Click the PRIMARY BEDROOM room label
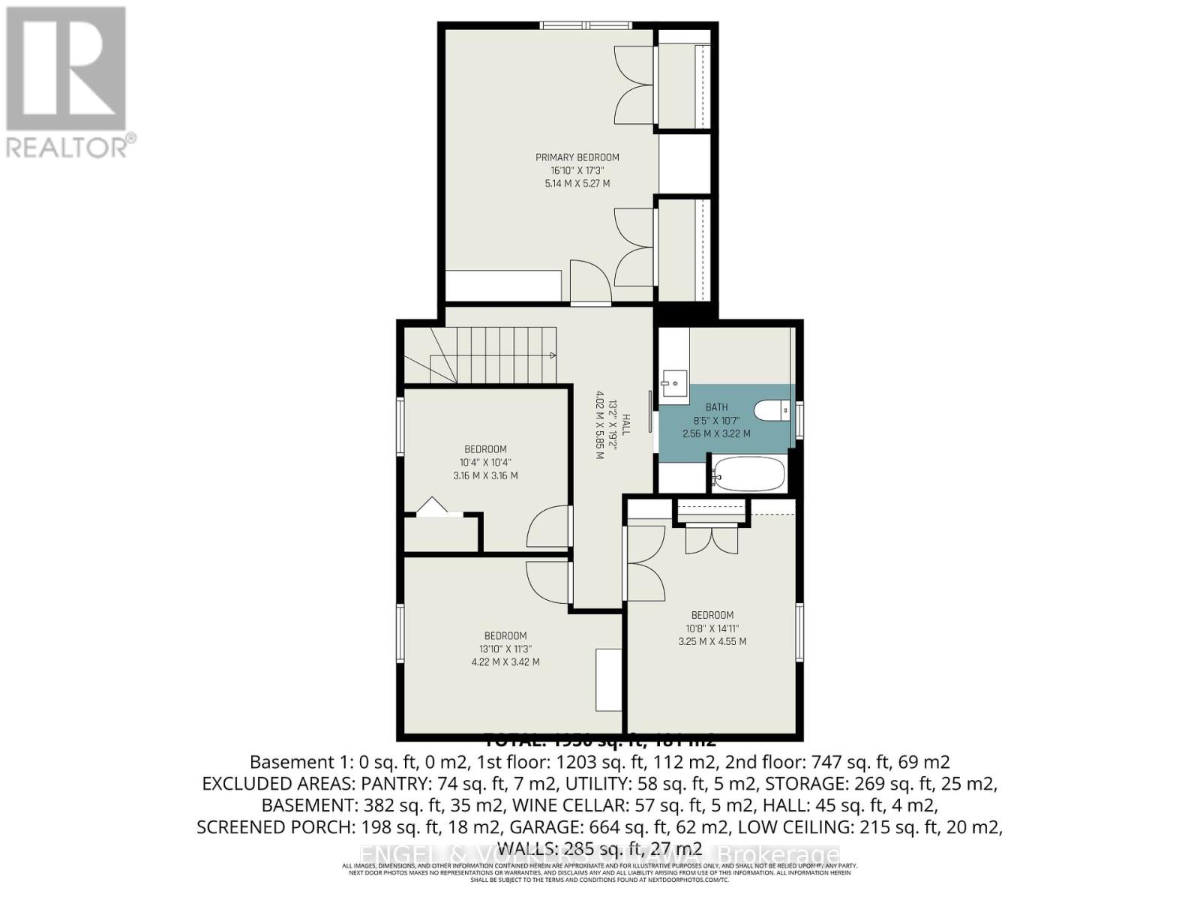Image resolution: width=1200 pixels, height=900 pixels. [577, 157]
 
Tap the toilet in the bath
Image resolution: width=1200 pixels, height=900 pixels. [772, 410]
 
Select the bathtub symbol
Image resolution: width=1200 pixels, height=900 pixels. [748, 474]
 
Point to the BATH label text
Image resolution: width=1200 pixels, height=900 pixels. [716, 407]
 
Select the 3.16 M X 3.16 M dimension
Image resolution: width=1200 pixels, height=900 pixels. [485, 475]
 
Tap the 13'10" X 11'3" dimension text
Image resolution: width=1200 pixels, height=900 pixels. [505, 649]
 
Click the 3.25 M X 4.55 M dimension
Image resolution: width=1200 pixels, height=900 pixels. [712, 641]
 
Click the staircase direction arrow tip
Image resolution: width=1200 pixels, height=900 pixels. [553, 355]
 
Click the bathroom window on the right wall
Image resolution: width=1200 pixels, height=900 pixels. [799, 419]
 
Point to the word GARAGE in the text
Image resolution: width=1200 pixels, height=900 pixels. [542, 827]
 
